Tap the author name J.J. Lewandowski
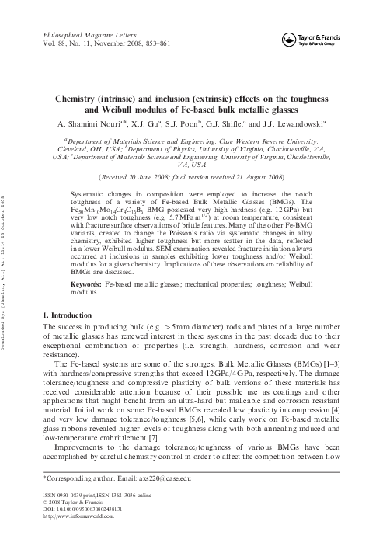coord(295,123)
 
